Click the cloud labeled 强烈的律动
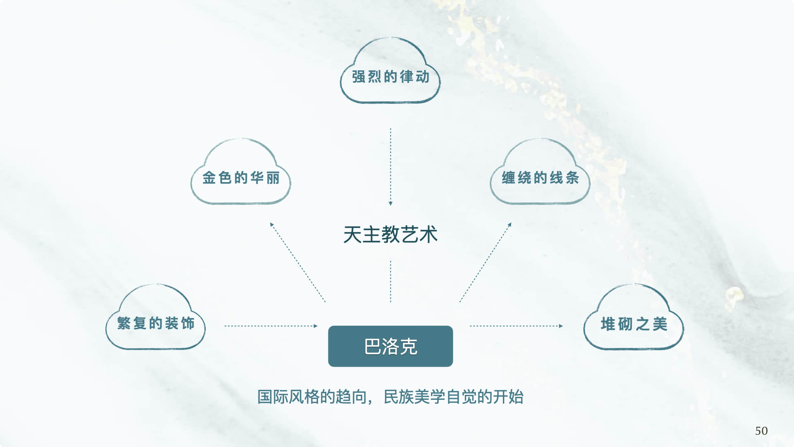point(390,77)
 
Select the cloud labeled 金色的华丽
point(241,178)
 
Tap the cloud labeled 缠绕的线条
point(540,178)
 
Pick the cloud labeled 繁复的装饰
point(155,323)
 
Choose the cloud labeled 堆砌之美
point(634,324)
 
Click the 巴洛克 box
point(390,346)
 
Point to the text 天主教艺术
point(390,235)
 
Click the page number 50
point(761,431)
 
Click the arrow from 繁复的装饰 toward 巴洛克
point(271,326)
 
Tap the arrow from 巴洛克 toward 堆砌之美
point(516,326)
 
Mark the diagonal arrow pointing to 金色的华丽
point(298,262)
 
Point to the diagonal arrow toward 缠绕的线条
point(485,262)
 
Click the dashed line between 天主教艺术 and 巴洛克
point(390,281)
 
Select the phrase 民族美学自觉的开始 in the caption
point(454,397)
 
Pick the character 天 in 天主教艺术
point(352,235)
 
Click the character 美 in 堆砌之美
point(660,324)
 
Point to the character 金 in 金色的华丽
point(209,178)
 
